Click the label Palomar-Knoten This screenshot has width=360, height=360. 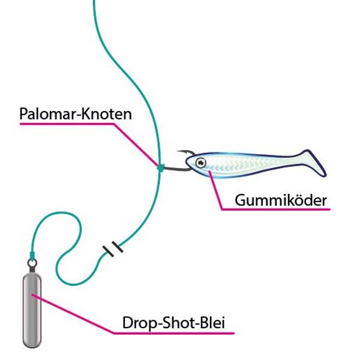[x=75, y=114]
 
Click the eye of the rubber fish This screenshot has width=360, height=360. [x=200, y=161]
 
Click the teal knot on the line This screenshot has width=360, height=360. [x=160, y=167]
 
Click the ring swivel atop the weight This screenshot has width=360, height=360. [x=31, y=262]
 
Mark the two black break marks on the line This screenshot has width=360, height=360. [x=112, y=249]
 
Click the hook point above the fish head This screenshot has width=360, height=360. [x=179, y=152]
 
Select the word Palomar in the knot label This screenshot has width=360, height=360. [x=46, y=114]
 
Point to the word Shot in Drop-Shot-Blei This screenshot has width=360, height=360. [x=179, y=322]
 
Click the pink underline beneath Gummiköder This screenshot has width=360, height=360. [x=276, y=210]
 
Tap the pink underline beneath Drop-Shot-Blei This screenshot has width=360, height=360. [x=174, y=332]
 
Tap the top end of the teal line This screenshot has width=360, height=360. [x=94, y=2]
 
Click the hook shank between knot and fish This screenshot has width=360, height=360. [x=174, y=170]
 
